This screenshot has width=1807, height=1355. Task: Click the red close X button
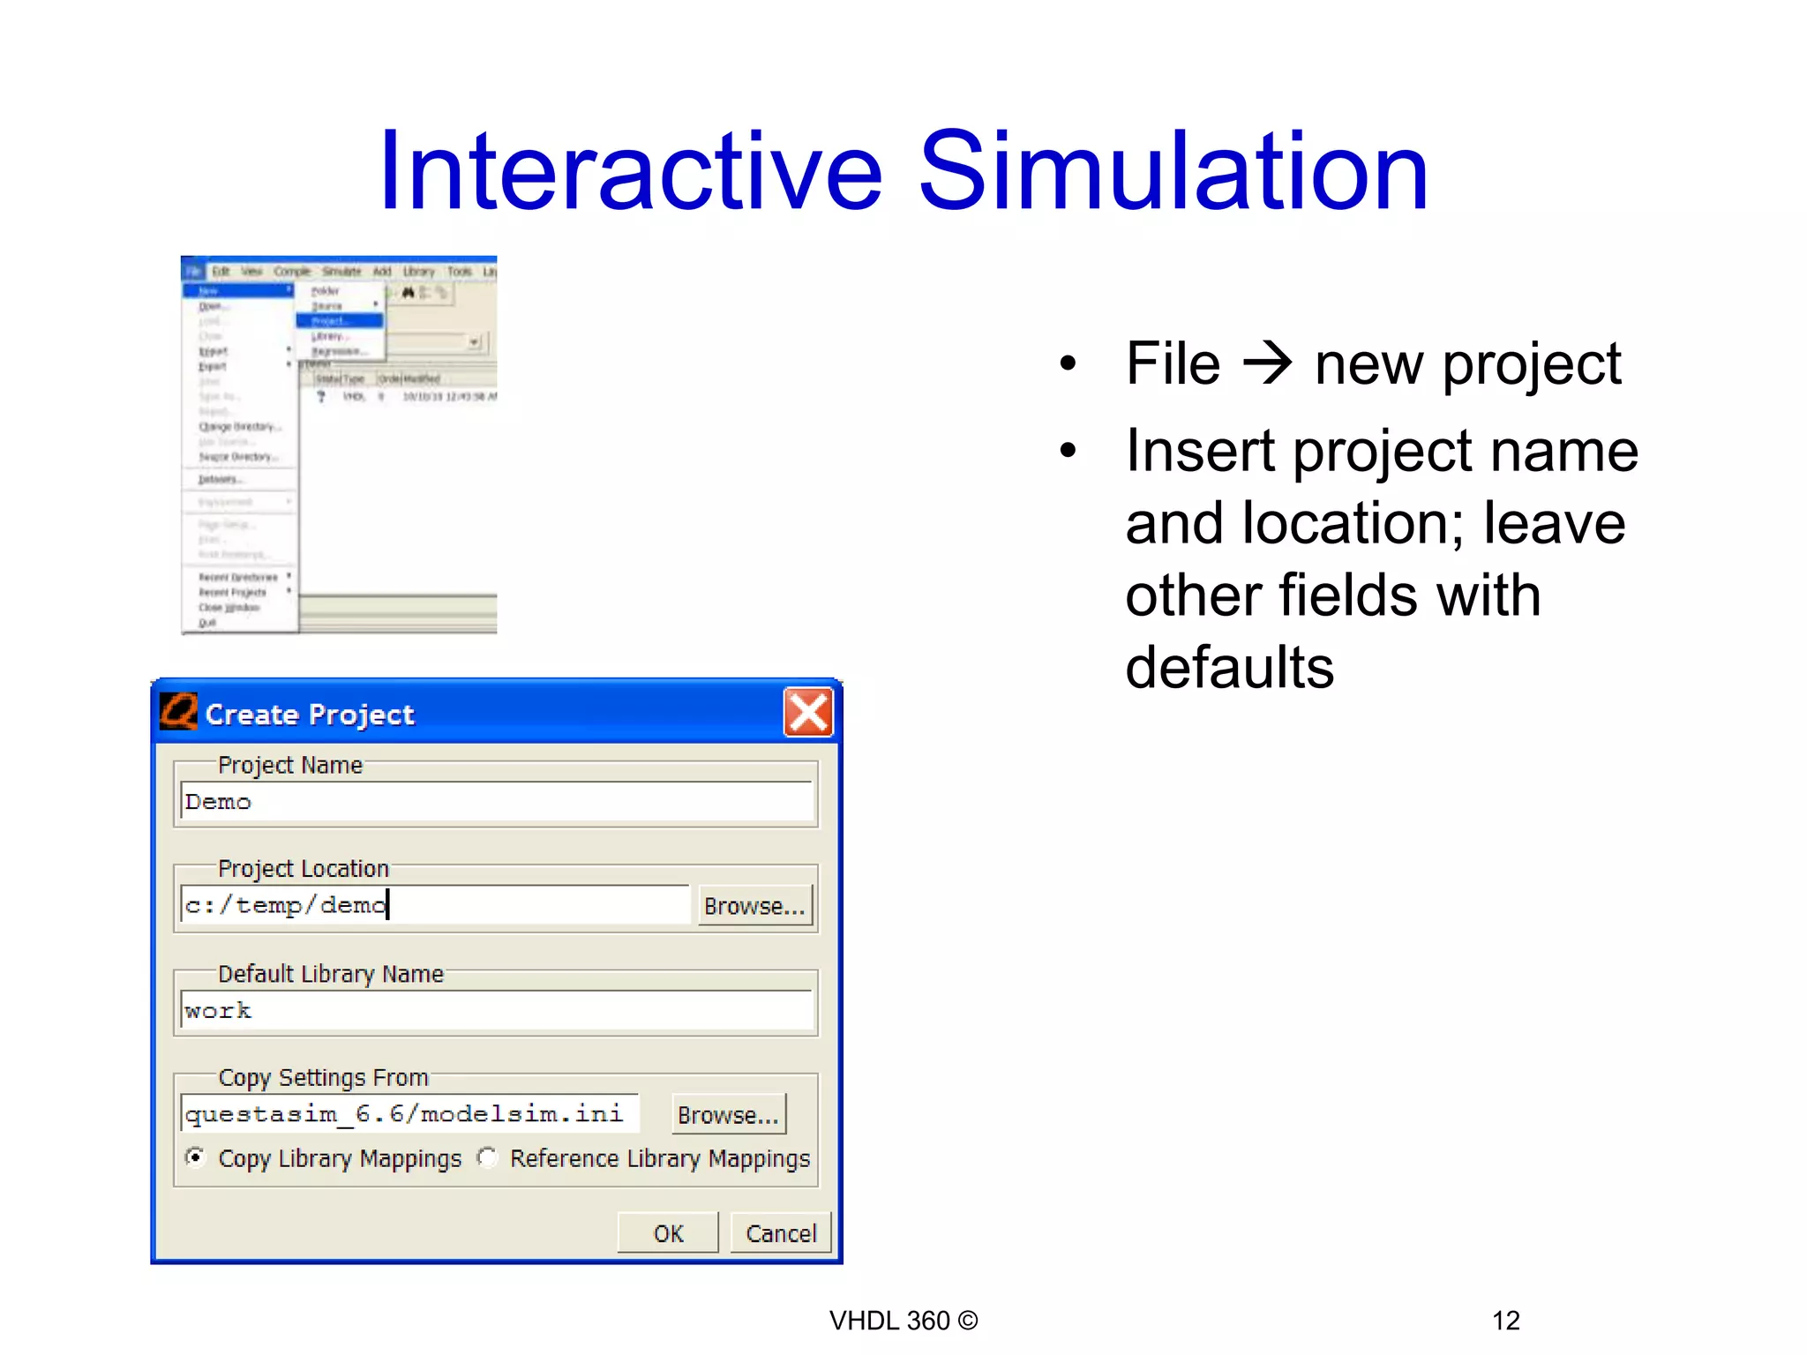coord(807,713)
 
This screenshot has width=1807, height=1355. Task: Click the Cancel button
coord(780,1233)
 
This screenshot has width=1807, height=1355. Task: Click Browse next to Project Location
coord(754,906)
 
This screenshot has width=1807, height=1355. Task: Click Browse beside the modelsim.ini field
coord(728,1115)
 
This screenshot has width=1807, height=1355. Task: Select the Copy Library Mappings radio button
coord(196,1157)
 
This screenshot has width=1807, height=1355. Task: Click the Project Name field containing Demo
coord(496,802)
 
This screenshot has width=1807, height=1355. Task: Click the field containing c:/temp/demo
coord(434,905)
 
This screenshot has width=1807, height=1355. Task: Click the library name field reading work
coord(496,1010)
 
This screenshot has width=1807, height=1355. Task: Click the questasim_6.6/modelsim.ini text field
coord(409,1114)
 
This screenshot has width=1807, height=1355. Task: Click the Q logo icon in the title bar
coord(179,712)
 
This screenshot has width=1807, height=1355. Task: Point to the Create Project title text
coord(310,715)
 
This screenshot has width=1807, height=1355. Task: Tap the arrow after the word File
coord(1268,363)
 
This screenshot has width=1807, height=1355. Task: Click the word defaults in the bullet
coord(1229,667)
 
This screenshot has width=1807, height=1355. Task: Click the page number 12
coord(1505,1321)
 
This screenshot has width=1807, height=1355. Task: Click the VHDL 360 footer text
coord(903,1321)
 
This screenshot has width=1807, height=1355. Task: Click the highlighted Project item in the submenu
coord(339,320)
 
